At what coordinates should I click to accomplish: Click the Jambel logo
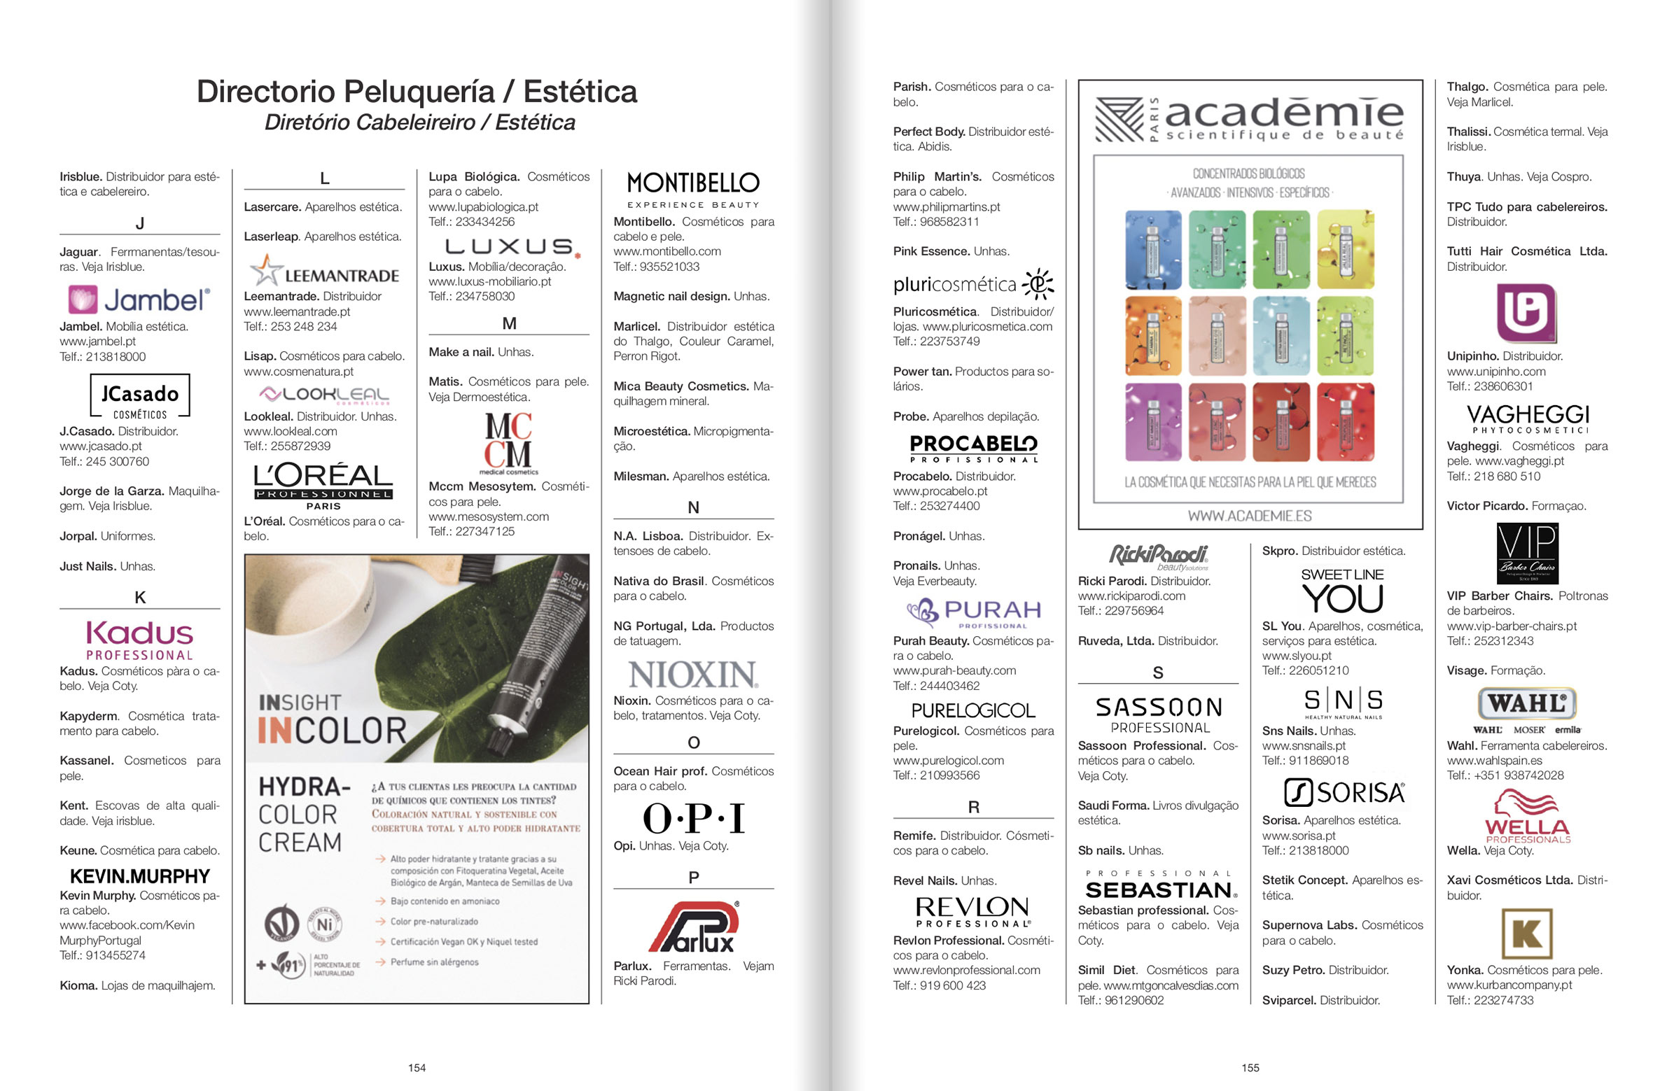pyautogui.click(x=139, y=300)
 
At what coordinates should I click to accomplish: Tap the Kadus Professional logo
pyautogui.click(x=139, y=640)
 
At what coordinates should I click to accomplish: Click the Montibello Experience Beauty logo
pyautogui.click(x=692, y=190)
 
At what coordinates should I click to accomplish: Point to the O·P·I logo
pyautogui.click(x=693, y=817)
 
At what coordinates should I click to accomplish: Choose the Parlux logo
pyautogui.click(x=693, y=927)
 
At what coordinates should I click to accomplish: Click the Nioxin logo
pyautogui.click(x=692, y=675)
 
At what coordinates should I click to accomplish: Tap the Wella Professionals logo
pyautogui.click(x=1527, y=817)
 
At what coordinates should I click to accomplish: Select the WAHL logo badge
pyautogui.click(x=1527, y=703)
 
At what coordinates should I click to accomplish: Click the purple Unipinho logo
pyautogui.click(x=1526, y=312)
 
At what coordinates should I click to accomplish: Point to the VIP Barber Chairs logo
pyautogui.click(x=1527, y=554)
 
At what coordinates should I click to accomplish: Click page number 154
pyautogui.click(x=417, y=1067)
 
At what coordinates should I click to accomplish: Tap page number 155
pyautogui.click(x=1250, y=1067)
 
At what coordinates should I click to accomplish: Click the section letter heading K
pyautogui.click(x=139, y=598)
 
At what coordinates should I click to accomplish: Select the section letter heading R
pyautogui.click(x=973, y=807)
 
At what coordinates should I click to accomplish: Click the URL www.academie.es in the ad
pyautogui.click(x=1250, y=516)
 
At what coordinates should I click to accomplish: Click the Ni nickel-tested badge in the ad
pyautogui.click(x=324, y=924)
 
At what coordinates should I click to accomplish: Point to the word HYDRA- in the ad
pyautogui.click(x=304, y=787)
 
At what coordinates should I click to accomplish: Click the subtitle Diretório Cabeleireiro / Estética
pyautogui.click(x=419, y=122)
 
